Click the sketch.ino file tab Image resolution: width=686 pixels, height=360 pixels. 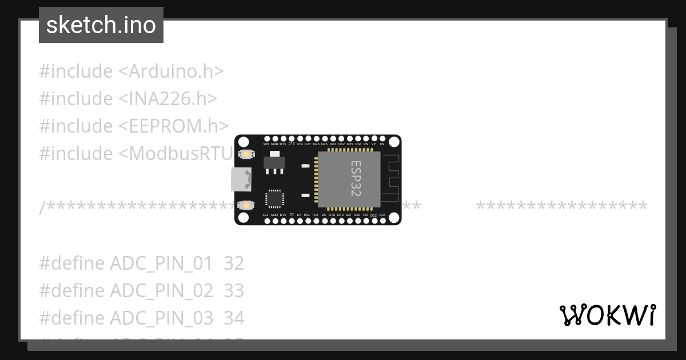point(101,25)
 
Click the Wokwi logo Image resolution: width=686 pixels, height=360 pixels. point(607,315)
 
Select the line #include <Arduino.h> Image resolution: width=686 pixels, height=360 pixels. point(131,71)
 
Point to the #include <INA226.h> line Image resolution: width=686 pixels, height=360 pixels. point(128,99)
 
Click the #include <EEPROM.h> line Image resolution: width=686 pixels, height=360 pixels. point(134,126)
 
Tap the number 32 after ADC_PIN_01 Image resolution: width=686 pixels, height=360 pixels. point(234,263)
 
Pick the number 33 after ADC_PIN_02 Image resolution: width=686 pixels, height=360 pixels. point(234,291)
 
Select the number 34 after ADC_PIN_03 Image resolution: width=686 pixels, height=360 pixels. point(234,318)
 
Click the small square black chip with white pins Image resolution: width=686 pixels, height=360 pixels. point(274,198)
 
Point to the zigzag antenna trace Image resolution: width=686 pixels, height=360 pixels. point(390,178)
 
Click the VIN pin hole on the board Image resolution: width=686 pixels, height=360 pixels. point(266,139)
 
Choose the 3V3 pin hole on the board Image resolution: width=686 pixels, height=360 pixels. point(266,220)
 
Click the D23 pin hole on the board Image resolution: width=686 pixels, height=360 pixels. point(382,220)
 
